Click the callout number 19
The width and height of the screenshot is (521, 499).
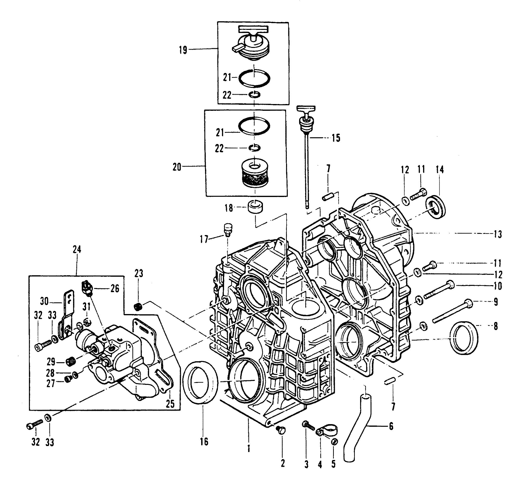[x=183, y=50]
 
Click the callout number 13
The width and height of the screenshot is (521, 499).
[x=498, y=234]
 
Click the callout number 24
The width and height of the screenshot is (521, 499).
[x=76, y=249]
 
